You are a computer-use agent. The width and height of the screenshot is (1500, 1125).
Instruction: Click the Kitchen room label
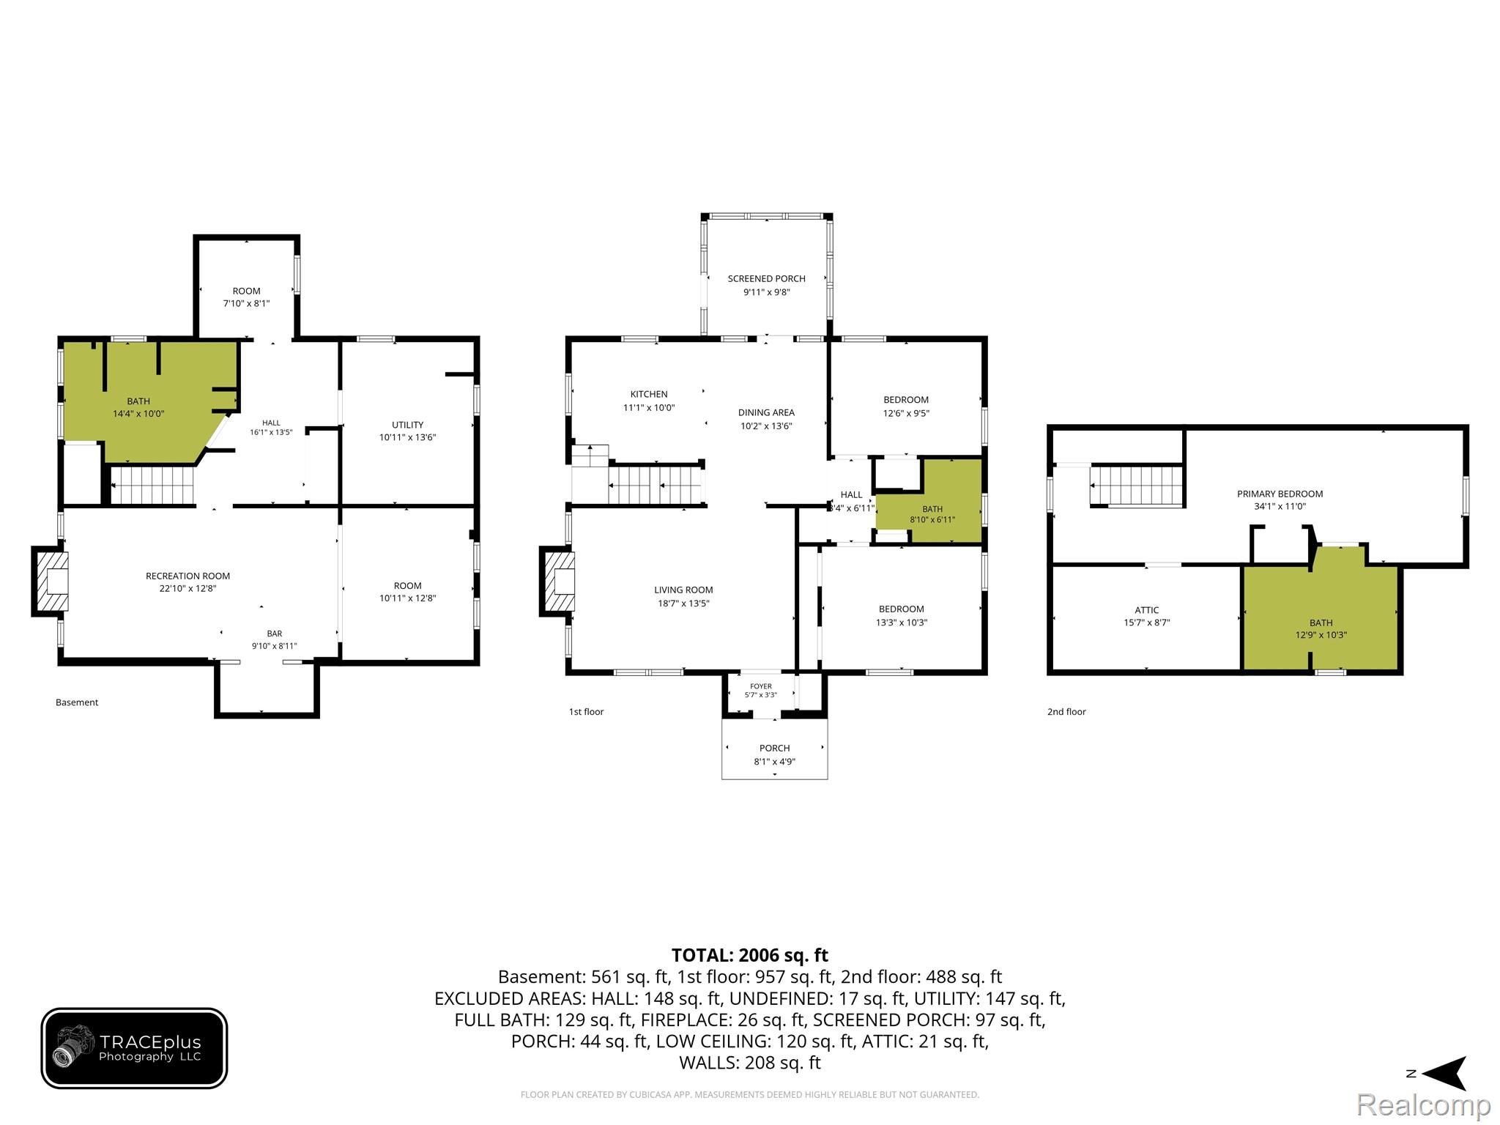coord(649,394)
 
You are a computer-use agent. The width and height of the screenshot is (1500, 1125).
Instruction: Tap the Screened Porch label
coord(766,278)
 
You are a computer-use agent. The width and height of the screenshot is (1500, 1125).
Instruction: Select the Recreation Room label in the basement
coord(187,576)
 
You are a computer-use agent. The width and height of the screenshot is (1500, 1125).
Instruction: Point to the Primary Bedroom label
coord(1280,494)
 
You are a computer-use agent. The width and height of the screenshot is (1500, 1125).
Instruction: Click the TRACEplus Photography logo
coord(134,1048)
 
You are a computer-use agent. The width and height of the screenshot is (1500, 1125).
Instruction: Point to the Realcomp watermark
coord(1423,1104)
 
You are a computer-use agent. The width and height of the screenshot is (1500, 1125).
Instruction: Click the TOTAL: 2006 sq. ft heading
coord(749,955)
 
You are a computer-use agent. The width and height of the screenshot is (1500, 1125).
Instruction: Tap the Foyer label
coord(761,686)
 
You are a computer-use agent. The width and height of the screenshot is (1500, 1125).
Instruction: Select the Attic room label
coord(1146,610)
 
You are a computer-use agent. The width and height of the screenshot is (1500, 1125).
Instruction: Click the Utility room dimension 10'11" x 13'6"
coord(407,437)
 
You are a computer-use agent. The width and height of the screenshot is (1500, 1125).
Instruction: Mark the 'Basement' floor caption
coord(77,702)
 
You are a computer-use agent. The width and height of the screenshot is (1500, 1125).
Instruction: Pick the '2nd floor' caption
coord(1066,712)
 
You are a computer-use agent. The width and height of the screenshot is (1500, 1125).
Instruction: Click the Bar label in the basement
coord(275,634)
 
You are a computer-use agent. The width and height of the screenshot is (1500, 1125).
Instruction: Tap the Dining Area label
coord(766,412)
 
